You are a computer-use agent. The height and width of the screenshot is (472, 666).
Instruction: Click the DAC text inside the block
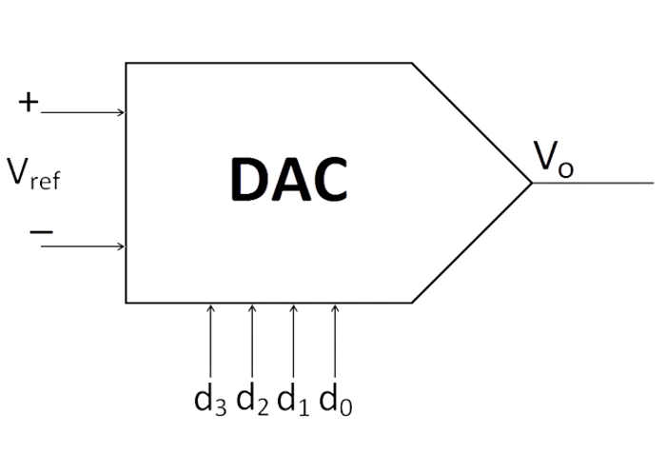pos(288,179)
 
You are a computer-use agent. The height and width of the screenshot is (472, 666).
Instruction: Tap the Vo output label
pos(553,159)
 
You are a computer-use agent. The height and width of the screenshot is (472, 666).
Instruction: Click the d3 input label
pos(210,400)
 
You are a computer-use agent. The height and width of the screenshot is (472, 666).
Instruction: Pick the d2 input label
pos(252,400)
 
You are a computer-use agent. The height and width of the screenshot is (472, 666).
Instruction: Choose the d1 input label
pos(293,400)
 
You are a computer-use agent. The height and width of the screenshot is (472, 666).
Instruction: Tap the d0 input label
pos(335,400)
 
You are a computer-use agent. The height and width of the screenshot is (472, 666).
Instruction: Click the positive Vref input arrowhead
pos(121,112)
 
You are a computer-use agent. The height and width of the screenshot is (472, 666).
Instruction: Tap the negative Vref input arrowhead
pos(121,246)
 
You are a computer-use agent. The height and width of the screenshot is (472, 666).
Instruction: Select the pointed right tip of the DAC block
pos(530,182)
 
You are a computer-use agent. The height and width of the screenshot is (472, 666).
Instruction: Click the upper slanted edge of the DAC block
pos(471,123)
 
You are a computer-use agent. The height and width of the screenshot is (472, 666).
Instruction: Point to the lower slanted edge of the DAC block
pos(471,243)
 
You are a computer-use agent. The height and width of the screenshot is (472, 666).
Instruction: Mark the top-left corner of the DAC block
pos(127,64)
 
